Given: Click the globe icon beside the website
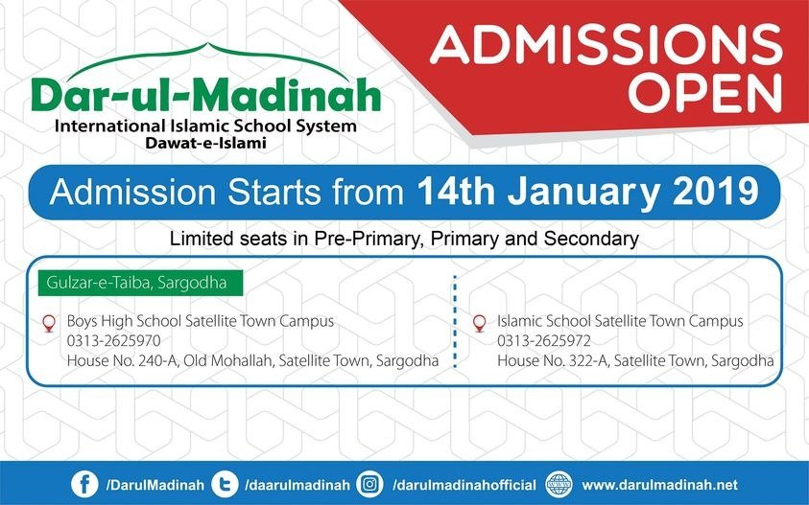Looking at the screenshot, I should pyautogui.click(x=559, y=483).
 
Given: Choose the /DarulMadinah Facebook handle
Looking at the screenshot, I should pyautogui.click(x=155, y=484).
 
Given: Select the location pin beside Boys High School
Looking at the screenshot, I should pyautogui.click(x=49, y=323).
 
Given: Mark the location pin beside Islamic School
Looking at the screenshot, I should pyautogui.click(x=479, y=323).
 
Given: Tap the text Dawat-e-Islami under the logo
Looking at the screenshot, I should pyautogui.click(x=204, y=143).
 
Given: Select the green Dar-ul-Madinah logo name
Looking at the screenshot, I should pyautogui.click(x=204, y=95).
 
